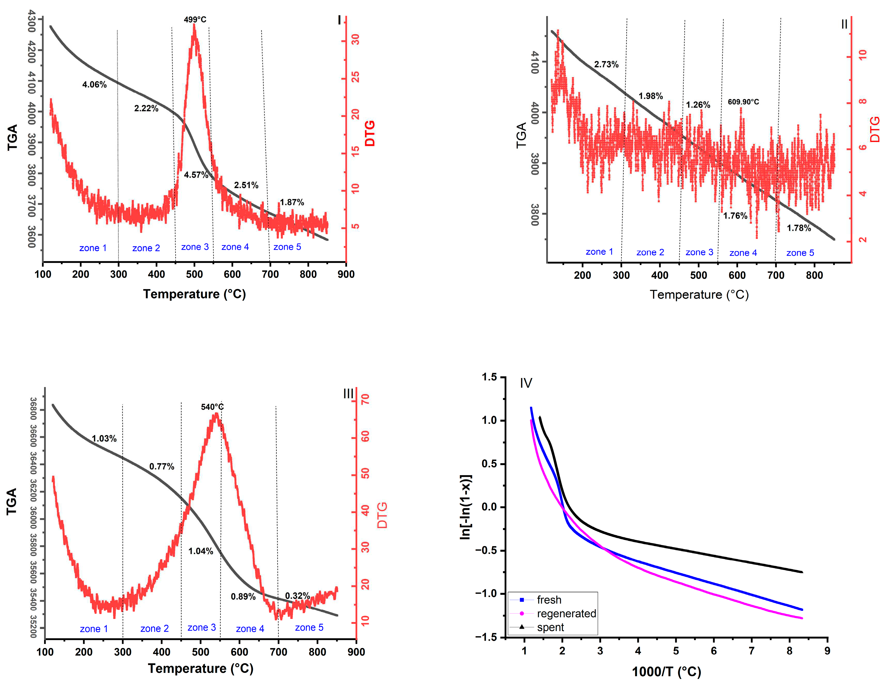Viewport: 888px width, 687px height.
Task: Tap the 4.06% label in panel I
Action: click(x=94, y=85)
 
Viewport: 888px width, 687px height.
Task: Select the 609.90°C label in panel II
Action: click(x=743, y=102)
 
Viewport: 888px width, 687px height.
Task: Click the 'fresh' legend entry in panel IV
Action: click(x=549, y=600)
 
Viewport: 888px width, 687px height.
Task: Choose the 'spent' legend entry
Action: click(x=550, y=627)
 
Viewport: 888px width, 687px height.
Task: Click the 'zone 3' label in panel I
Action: click(x=195, y=247)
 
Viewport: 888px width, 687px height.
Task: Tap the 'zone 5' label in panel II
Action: click(x=800, y=253)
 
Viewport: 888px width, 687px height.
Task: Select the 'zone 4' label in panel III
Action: click(x=250, y=629)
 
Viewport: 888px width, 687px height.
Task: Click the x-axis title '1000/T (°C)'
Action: click(x=666, y=672)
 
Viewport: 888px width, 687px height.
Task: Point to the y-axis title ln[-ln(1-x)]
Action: click(x=466, y=507)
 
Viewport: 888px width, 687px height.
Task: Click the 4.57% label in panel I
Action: click(x=196, y=175)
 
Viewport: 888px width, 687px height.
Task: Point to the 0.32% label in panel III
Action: click(x=297, y=596)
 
